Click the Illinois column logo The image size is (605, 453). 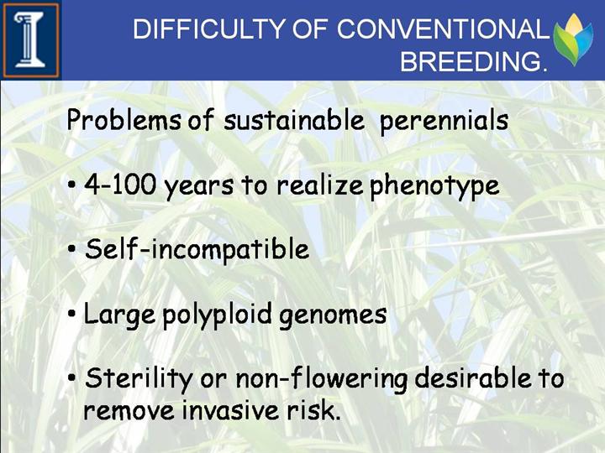coord(31,40)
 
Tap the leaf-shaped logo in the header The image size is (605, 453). coord(573,39)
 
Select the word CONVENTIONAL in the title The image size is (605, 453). coord(443,29)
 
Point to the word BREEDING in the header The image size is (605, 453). coord(474,61)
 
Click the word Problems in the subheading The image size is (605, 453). coord(124,120)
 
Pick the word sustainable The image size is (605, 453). coord(294,120)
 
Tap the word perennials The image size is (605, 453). coord(444,121)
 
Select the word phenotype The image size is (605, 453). coord(434,186)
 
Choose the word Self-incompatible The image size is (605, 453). coord(197,249)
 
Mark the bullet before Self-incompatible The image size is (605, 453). coord(71,249)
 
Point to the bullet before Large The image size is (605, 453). coord(71,314)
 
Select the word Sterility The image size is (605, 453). coord(139,378)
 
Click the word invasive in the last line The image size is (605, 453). coord(230,410)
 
